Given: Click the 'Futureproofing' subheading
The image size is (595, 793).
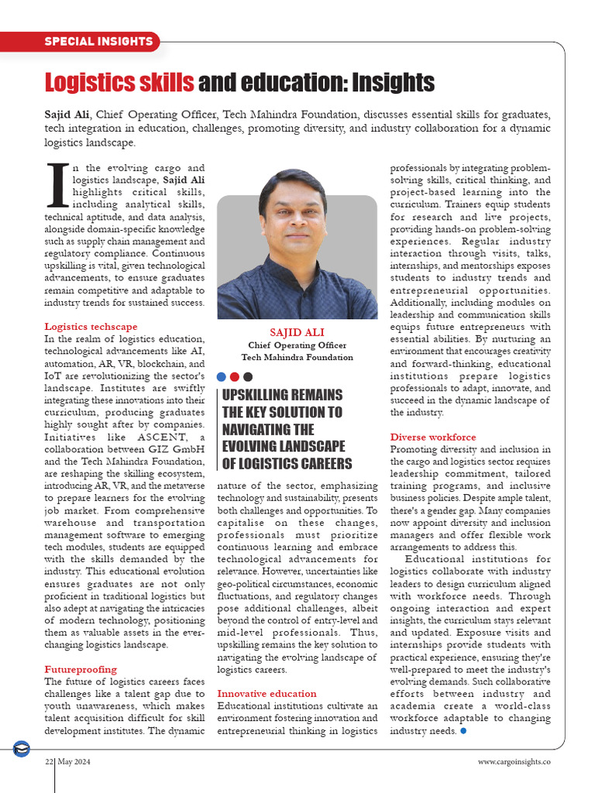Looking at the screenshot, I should pos(81,668).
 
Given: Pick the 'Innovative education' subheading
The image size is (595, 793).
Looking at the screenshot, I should pos(267,693).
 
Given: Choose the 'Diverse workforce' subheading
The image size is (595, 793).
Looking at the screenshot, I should pos(433,437).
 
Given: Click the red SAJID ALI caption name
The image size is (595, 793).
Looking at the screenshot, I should pos(297,332).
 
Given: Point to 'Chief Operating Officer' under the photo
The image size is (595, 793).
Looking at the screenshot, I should pos(297,345).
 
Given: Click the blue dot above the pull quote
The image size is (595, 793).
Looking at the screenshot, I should pos(222,376).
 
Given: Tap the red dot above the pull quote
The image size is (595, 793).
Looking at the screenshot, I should pos(235,376).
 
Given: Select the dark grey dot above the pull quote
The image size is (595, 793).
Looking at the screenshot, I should pos(248,376).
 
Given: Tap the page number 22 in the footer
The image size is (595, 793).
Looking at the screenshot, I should pos(48,762).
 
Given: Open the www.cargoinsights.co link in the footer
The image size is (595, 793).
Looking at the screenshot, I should pos(514,762).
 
